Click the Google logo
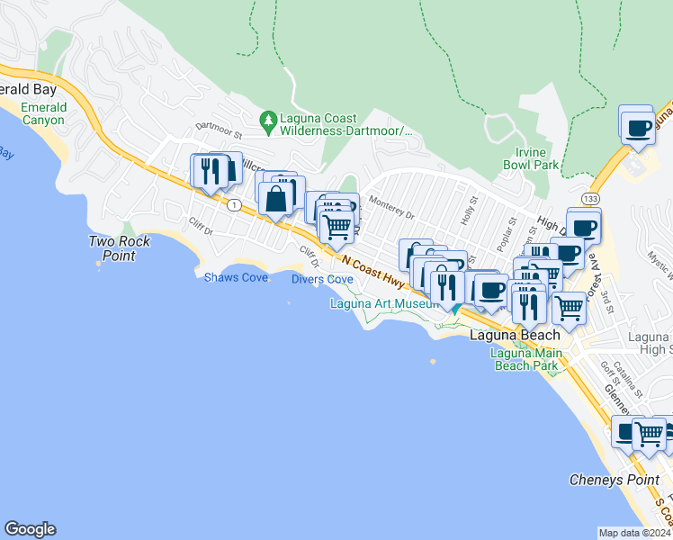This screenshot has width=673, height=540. point(30,529)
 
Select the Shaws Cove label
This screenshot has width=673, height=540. point(236,277)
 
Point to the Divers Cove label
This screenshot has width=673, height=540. point(322,279)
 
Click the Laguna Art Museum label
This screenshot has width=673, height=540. point(384,304)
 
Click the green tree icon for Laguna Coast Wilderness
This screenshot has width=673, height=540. point(267,119)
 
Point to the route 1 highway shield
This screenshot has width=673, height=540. point(234,205)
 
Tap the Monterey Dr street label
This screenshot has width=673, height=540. point(391,215)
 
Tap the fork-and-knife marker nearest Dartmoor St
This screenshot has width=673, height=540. point(211,171)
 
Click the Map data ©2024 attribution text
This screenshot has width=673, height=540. point(635,533)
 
